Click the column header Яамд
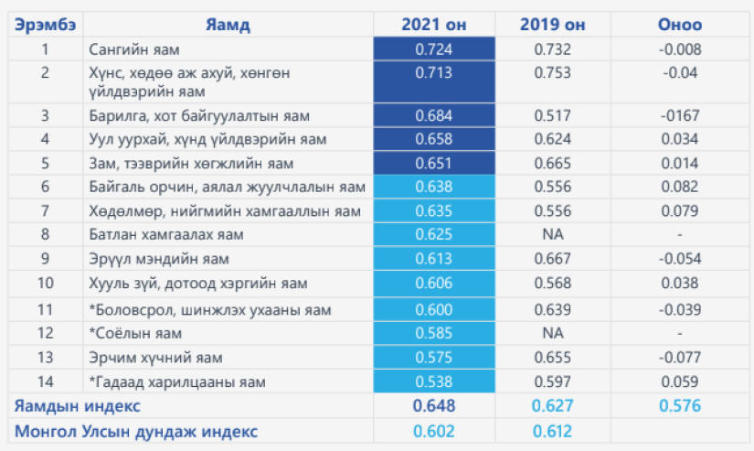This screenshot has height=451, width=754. click(228, 25)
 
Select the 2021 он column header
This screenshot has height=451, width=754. click(434, 25)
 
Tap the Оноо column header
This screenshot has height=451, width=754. click(680, 25)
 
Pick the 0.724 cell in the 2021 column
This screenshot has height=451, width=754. click(434, 48)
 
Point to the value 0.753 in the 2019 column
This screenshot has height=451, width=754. click(553, 72)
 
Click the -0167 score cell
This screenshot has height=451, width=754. click(680, 115)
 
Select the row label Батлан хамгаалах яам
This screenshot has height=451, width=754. click(154, 234)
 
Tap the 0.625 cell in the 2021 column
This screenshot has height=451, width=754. click(434, 234)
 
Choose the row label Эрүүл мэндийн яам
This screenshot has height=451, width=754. click(152, 258)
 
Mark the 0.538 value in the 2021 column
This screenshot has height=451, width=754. click(434, 381)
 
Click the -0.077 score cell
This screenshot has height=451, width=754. click(680, 357)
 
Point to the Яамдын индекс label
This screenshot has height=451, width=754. click(76, 404)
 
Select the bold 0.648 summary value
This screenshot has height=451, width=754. click(434, 404)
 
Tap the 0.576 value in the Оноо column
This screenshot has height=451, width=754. click(680, 404)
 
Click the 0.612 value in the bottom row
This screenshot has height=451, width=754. click(553, 431)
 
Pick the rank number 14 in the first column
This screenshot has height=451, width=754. click(45, 381)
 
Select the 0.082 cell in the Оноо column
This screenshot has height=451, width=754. click(680, 187)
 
